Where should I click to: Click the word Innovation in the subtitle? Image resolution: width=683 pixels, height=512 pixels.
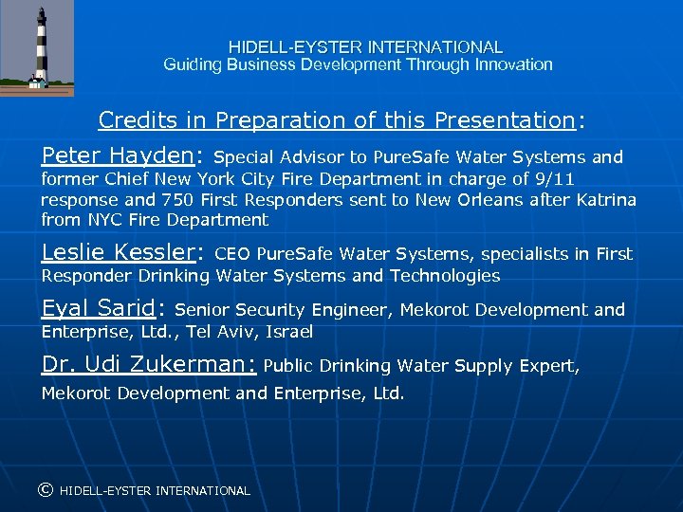click(x=517, y=64)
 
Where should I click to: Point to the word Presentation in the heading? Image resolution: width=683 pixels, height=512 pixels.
click(x=504, y=120)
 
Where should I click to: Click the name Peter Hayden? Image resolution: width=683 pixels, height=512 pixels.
click(x=118, y=155)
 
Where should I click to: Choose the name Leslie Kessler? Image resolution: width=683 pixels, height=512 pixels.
click(x=118, y=252)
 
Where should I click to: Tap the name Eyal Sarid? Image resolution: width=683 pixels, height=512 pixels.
click(x=98, y=308)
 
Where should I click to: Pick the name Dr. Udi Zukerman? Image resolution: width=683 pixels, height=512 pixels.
click(x=147, y=364)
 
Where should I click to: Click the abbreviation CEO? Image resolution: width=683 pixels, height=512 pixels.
click(x=233, y=254)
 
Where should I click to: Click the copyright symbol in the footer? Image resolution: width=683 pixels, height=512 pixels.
click(x=45, y=490)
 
